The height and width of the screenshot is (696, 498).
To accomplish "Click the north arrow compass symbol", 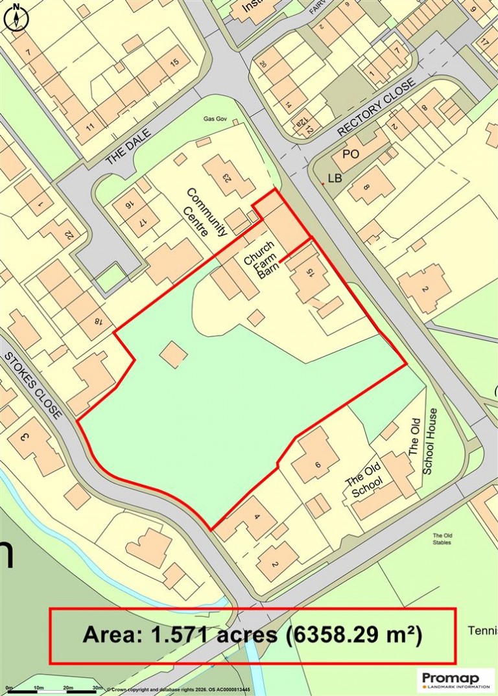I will [17, 17].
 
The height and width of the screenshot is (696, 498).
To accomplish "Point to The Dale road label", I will [128, 146].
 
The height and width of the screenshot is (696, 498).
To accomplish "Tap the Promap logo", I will [456, 679].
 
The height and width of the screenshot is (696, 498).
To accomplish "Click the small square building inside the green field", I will [173, 354].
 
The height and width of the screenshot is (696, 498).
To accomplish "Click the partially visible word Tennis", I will [482, 631].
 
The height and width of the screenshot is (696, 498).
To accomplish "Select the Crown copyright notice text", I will [178, 690].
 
